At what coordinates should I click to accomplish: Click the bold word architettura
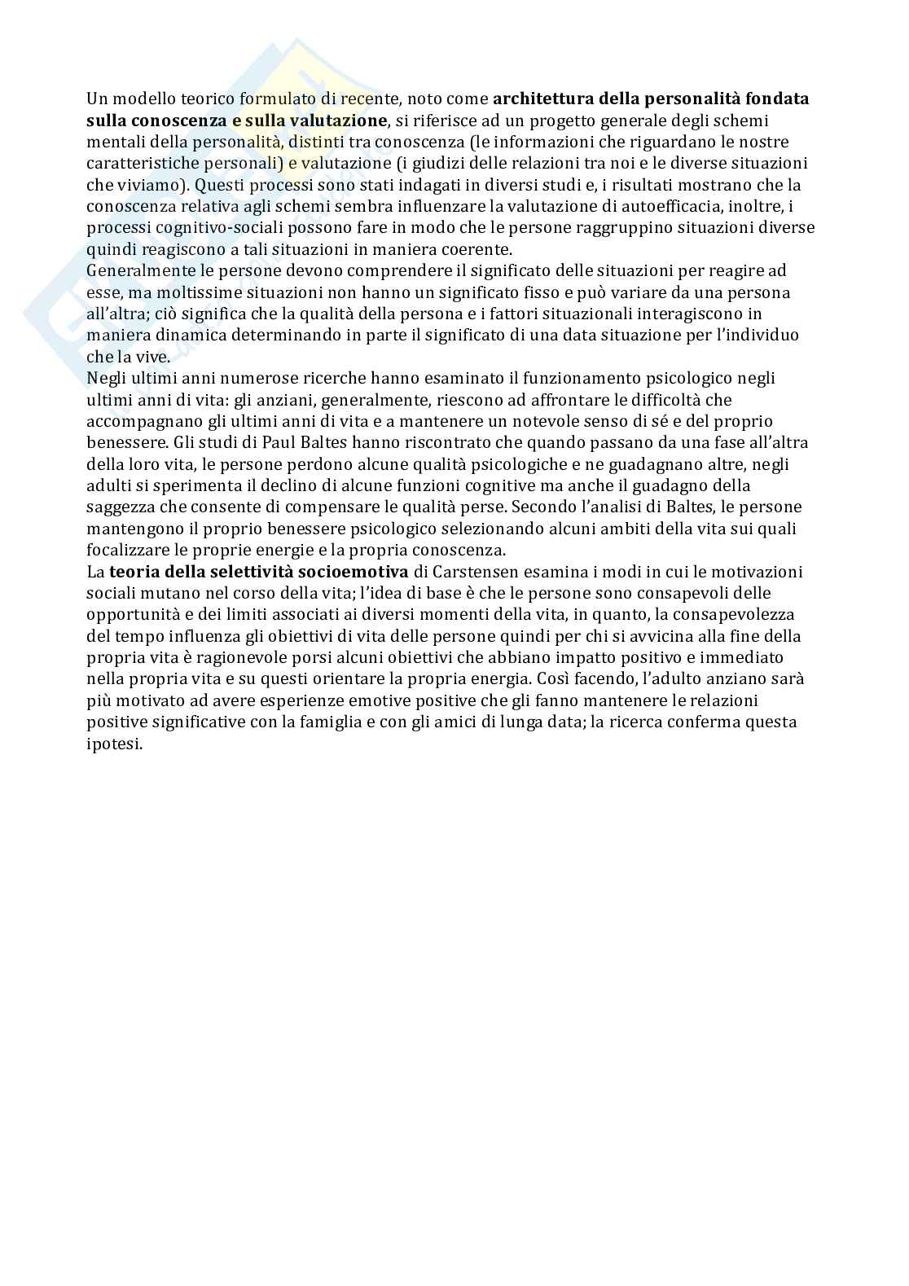[543, 99]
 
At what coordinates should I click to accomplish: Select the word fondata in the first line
[775, 99]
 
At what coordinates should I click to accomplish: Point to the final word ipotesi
[113, 744]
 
